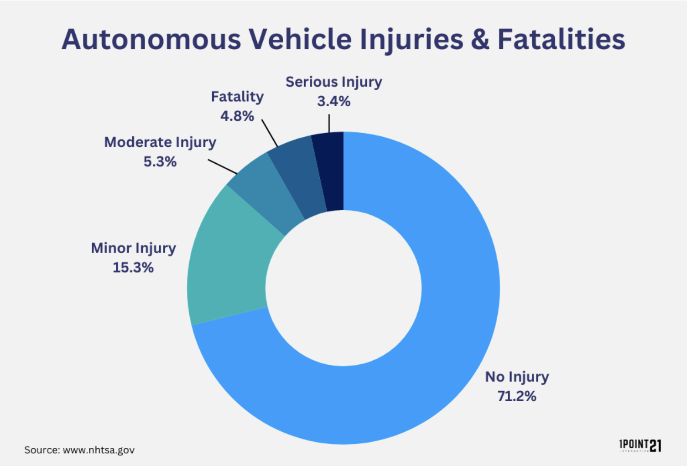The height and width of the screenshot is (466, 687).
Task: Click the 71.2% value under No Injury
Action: point(517,396)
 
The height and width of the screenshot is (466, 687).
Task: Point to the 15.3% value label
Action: point(133,267)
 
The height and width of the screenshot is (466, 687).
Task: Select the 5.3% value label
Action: point(160,161)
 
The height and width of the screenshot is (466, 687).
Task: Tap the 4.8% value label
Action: point(237,116)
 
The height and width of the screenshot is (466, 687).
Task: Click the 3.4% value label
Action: point(333,101)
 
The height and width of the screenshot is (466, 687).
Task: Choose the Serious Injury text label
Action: point(333,82)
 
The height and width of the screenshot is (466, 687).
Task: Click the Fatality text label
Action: point(237,97)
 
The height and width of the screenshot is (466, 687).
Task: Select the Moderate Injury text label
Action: point(160,143)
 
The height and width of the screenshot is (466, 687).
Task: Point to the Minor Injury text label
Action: point(133,249)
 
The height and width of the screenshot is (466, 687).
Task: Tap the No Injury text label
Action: point(517,377)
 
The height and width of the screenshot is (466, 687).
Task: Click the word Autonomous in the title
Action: point(151,39)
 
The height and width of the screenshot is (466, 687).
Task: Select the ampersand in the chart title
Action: point(480,39)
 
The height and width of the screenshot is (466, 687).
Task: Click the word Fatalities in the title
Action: point(561,39)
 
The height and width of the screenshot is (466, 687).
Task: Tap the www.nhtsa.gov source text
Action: point(99,450)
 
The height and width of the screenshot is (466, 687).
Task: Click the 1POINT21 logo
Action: point(640,446)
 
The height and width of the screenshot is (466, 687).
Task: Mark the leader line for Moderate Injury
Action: point(222,167)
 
